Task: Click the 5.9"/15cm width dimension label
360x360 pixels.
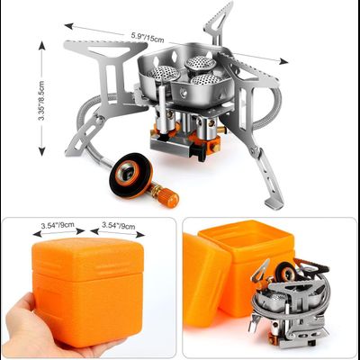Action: point(148,37)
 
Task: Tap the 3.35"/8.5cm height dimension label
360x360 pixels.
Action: point(41,101)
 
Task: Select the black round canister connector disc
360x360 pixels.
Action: point(130,175)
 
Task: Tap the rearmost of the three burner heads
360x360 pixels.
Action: point(201,63)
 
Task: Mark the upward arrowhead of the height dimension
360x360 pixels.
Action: point(41,46)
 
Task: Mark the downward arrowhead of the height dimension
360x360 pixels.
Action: point(42,151)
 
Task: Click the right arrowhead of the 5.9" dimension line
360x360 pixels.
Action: point(283,62)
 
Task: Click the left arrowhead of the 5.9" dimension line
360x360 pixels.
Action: point(68,26)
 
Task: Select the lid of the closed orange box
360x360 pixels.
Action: point(87,257)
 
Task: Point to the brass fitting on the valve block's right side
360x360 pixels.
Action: point(222,130)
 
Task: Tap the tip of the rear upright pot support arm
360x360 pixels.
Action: point(229,4)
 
